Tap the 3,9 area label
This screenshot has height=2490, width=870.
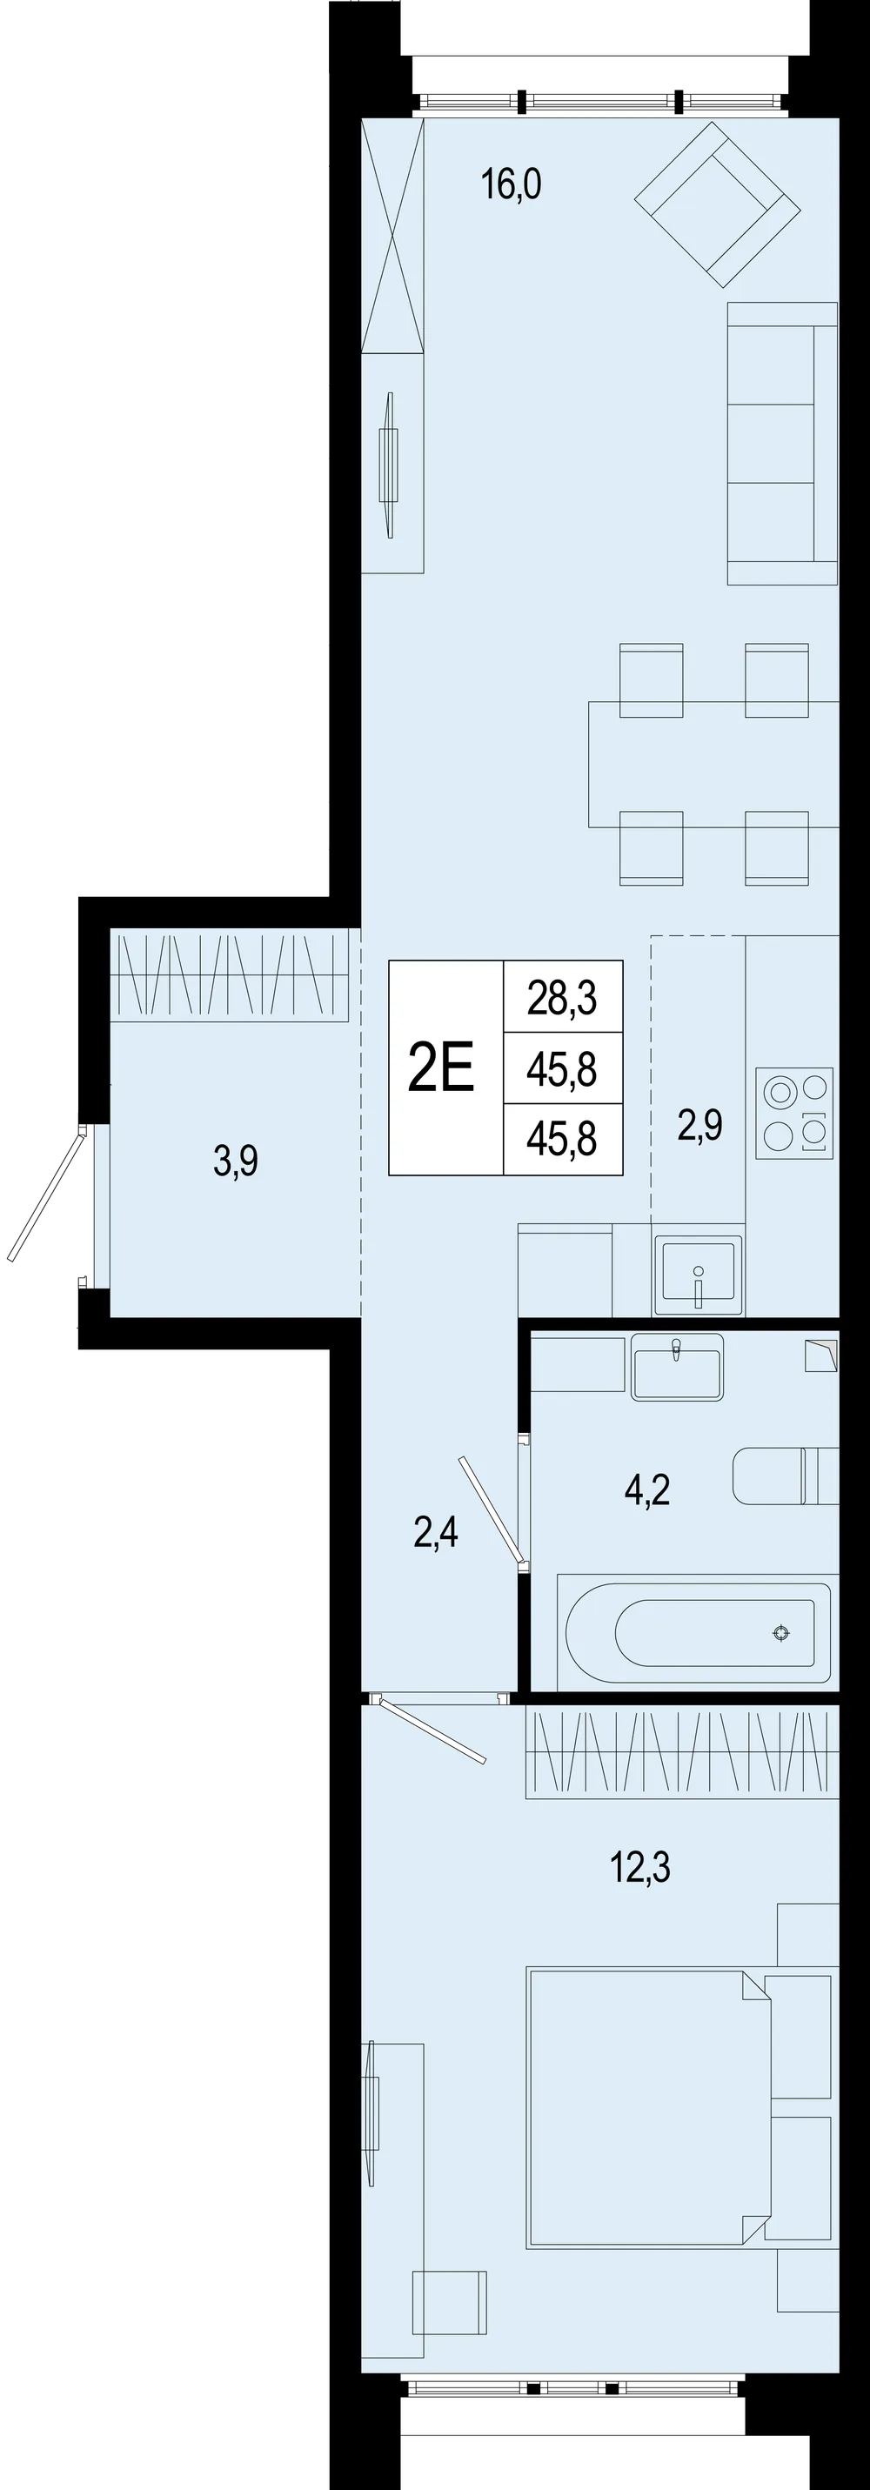click(236, 1161)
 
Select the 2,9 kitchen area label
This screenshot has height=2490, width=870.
click(699, 1126)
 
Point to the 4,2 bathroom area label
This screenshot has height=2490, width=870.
click(646, 1490)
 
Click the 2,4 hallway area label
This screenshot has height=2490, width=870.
click(436, 1532)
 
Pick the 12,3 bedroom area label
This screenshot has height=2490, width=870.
click(640, 1869)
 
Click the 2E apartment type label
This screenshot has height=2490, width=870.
click(442, 1068)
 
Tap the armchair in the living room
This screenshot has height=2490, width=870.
click(717, 205)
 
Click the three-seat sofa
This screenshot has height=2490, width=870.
click(782, 444)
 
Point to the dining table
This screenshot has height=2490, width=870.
click(713, 765)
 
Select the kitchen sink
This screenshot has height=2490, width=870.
click(699, 1275)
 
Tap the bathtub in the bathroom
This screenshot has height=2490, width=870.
click(694, 1633)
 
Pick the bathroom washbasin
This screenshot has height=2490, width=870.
click(677, 1367)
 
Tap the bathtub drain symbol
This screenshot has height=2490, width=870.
click(781, 1634)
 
